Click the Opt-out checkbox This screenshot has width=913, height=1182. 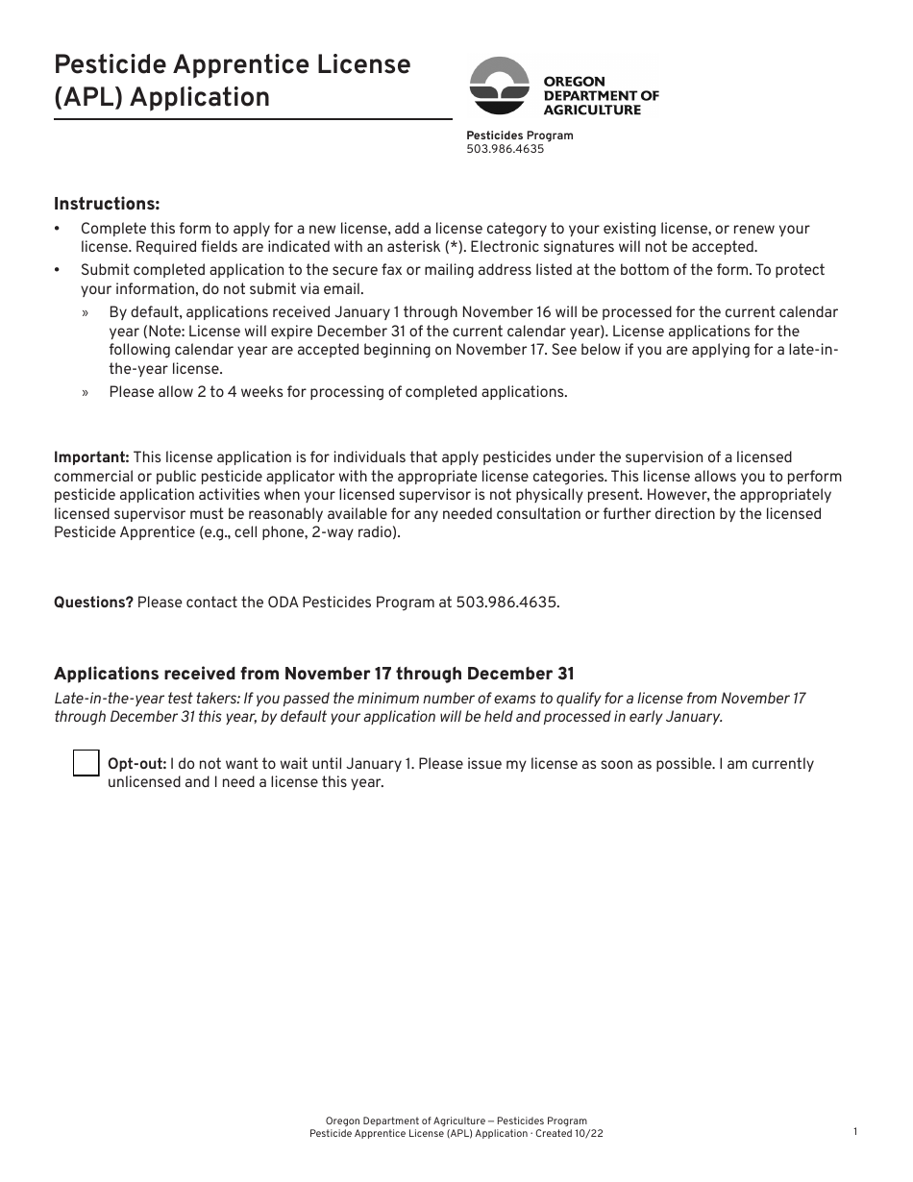coord(86,763)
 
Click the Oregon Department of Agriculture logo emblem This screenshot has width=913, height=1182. coord(500,86)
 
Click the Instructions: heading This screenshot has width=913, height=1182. coord(107,204)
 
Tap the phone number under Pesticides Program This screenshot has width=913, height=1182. coord(505,149)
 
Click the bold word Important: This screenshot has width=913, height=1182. coord(91,457)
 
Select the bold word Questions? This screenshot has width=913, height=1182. coord(93,603)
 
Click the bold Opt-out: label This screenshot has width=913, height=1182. coord(136,764)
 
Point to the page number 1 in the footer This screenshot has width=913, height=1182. coord(854,1132)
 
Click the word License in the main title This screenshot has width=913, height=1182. coord(363,64)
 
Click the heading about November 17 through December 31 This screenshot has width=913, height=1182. coord(313,674)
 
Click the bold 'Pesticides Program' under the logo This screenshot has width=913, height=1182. coord(519,135)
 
